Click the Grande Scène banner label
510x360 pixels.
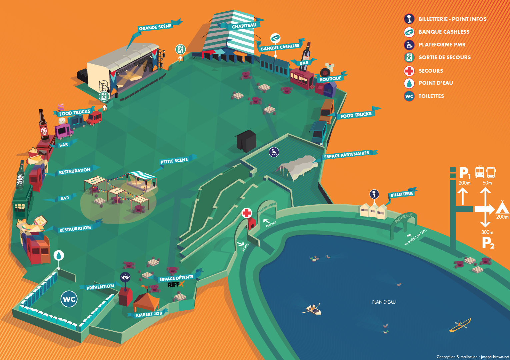(x=155, y=27)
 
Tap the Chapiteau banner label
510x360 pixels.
(x=244, y=26)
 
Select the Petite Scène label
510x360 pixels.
(x=174, y=161)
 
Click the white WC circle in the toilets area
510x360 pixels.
(x=69, y=299)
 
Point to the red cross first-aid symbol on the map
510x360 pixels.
(x=247, y=213)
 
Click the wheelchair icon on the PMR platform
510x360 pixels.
(x=274, y=152)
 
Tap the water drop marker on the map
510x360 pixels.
(x=59, y=256)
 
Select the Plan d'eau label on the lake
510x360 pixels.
(x=384, y=302)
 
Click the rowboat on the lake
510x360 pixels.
(x=312, y=309)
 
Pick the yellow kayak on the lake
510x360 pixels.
(x=460, y=325)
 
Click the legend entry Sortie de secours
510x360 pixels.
(x=444, y=57)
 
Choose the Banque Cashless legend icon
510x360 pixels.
(x=409, y=32)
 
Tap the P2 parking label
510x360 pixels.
(x=488, y=243)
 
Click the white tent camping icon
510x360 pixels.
(x=502, y=207)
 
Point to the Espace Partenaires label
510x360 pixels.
(x=346, y=155)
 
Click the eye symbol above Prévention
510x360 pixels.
(x=125, y=277)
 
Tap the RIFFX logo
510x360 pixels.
(x=175, y=284)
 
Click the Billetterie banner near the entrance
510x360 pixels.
(x=402, y=194)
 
